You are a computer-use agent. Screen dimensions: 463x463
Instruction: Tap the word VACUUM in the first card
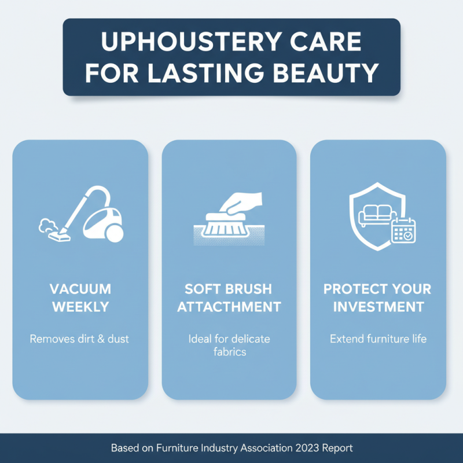(80, 289)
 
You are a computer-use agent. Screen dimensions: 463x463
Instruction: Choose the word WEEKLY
(80, 307)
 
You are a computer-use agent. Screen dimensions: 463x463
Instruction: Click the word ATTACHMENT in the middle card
(229, 307)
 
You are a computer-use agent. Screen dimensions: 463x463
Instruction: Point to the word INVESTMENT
(378, 307)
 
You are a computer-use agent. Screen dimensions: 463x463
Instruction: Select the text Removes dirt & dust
(80, 339)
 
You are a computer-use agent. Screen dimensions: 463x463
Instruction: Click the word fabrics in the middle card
(229, 351)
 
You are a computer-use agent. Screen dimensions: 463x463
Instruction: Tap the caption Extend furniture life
(378, 339)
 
